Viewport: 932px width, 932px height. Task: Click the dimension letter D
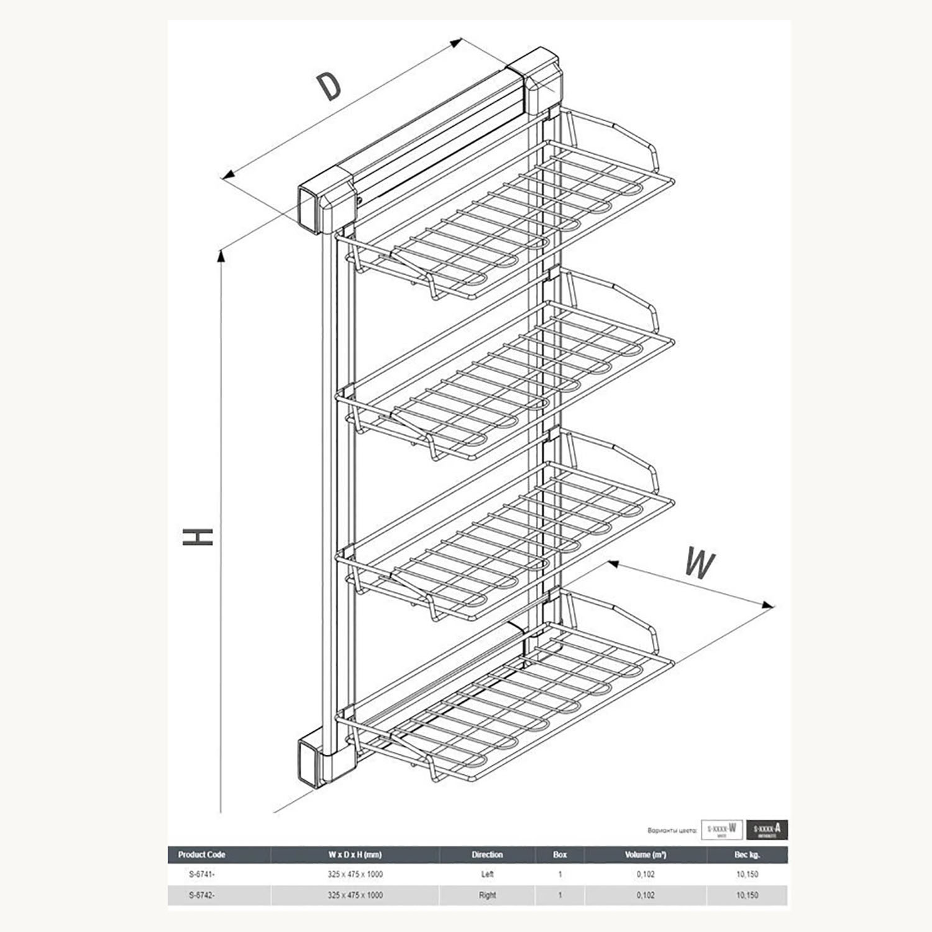(329, 86)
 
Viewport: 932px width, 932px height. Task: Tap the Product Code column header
(201, 855)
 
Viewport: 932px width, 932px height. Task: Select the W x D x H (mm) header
(355, 855)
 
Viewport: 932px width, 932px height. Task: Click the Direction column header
(487, 855)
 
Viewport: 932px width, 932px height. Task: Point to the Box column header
(560, 855)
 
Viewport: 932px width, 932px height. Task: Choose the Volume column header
(646, 855)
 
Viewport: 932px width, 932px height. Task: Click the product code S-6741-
(201, 874)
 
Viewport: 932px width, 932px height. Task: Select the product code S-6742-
(201, 895)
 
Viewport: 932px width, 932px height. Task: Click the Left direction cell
(487, 874)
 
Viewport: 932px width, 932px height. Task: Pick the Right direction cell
(487, 895)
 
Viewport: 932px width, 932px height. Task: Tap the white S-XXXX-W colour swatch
(721, 829)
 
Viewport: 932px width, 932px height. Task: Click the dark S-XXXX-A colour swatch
(767, 829)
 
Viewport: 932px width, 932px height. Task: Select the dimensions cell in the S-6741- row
(355, 874)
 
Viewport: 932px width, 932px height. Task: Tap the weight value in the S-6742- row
(747, 895)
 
